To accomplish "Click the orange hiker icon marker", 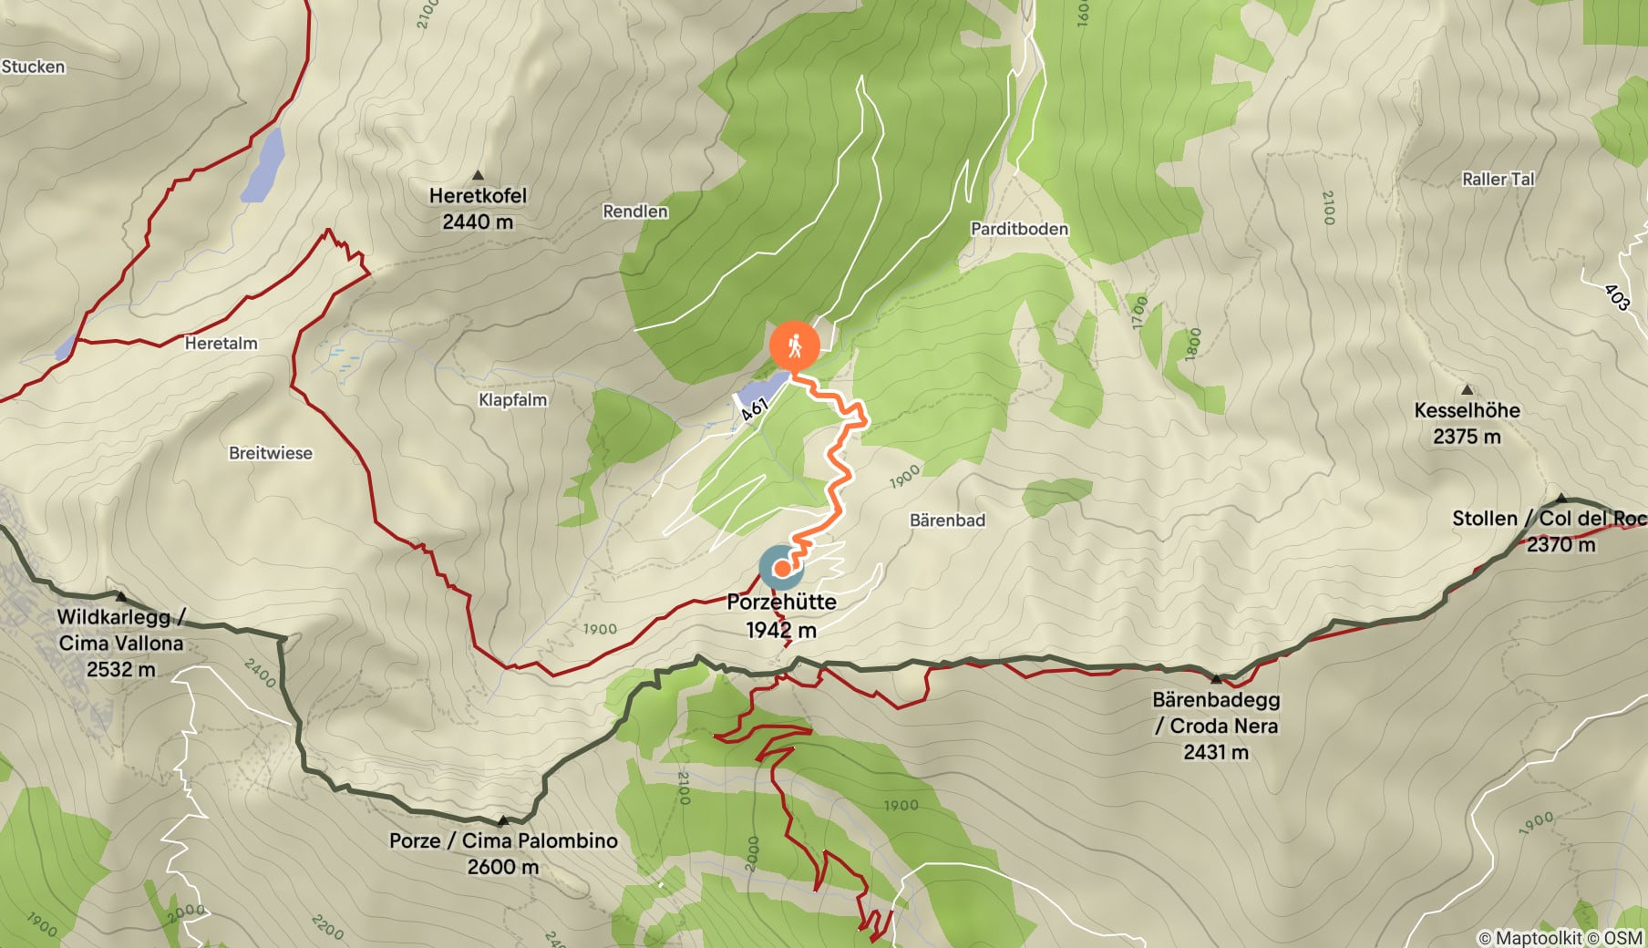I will tap(794, 345).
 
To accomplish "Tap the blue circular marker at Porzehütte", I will tap(781, 568).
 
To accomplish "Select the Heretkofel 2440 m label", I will tap(478, 208).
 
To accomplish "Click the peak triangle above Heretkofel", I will tap(478, 175).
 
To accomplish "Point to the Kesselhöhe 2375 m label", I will tap(1467, 423).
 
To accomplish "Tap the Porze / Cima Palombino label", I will tap(503, 853).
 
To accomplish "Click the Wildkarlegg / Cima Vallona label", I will tap(120, 643).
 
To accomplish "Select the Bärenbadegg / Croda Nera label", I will tap(1216, 726).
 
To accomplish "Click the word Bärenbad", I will tap(947, 520).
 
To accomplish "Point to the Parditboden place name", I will tap(1019, 229).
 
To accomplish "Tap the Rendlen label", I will tap(635, 211).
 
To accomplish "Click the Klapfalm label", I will tap(512, 400).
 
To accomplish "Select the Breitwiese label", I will tap(270, 453).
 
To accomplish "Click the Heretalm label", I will tap(221, 344).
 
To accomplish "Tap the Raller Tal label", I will tap(1498, 180).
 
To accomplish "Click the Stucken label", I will tap(34, 67).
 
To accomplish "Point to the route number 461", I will tap(755, 409).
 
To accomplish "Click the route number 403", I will tap(1616, 296).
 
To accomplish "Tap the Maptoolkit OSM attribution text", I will tap(1560, 937).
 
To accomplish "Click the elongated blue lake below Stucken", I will tap(263, 164).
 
